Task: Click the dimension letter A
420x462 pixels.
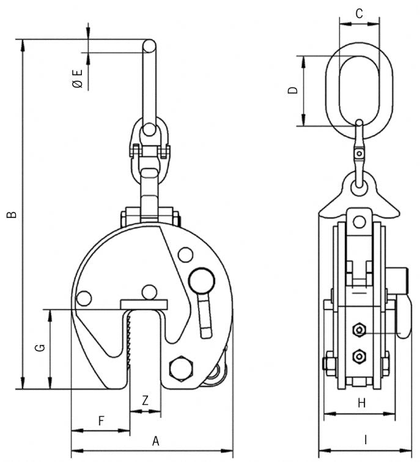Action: point(155,440)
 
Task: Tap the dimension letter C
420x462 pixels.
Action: point(359,13)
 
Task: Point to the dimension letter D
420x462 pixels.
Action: point(293,91)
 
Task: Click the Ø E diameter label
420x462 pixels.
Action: point(77,79)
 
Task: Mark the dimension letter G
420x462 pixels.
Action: point(39,348)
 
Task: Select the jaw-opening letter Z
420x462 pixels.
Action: point(145,401)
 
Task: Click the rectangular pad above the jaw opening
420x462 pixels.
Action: point(144,304)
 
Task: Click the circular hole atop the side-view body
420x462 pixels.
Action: point(359,222)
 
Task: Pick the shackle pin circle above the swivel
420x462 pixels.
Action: point(149,130)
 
